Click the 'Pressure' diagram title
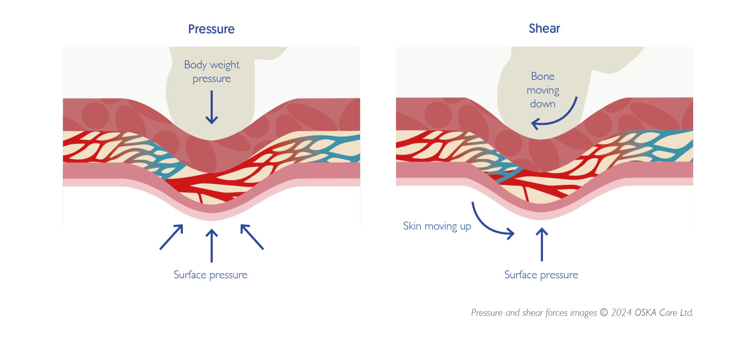click(x=211, y=29)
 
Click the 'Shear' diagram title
click(x=544, y=28)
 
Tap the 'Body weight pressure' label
click(x=212, y=71)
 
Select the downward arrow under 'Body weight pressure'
click(x=212, y=107)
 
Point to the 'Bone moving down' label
click(x=542, y=90)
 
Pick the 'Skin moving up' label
click(x=437, y=226)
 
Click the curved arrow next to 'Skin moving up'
click(x=489, y=223)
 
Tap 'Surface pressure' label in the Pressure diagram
click(x=210, y=275)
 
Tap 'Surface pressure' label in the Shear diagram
click(x=541, y=275)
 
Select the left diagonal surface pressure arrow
click(x=172, y=237)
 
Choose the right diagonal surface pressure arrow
click(x=252, y=237)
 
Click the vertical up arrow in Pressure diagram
click(x=212, y=246)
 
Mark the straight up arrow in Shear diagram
click(x=542, y=244)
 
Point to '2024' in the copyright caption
click(x=621, y=313)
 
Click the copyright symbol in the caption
click(x=604, y=313)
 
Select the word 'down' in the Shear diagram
click(x=542, y=104)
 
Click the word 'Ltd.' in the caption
click(x=686, y=313)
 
